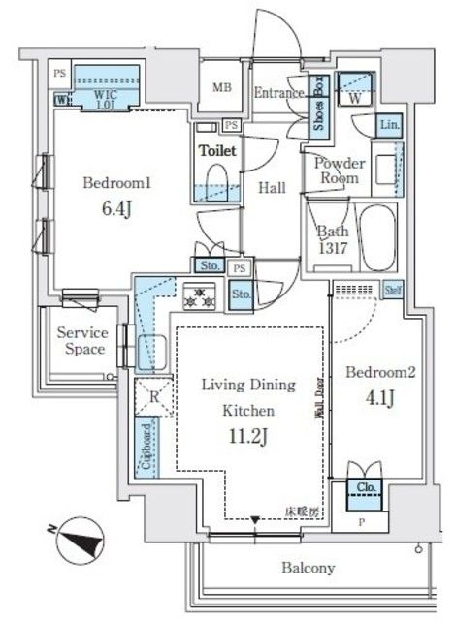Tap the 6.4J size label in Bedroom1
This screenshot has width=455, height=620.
pos(96,208)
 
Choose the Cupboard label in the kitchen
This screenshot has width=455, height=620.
pos(146,447)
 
